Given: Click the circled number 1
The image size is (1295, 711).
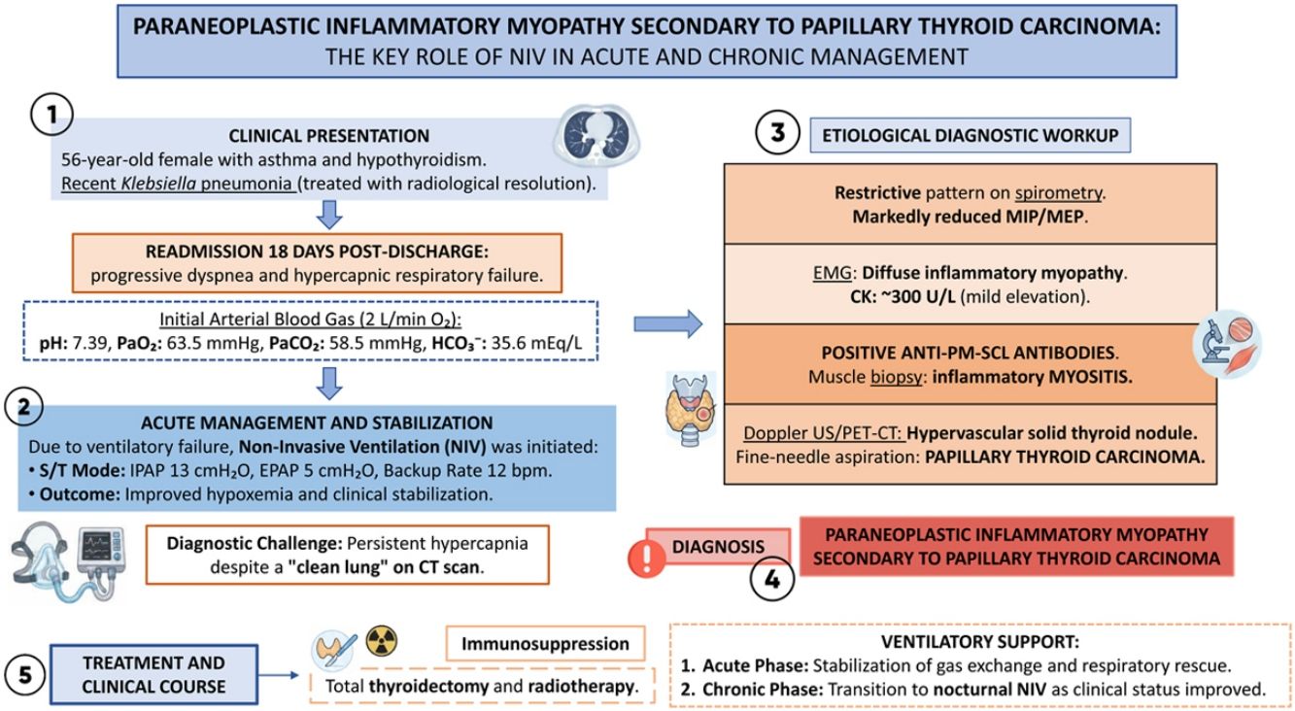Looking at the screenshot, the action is tap(52, 115).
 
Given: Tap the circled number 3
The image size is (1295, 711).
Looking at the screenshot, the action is tap(777, 132).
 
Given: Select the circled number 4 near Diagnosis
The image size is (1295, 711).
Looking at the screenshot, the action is tap(772, 579).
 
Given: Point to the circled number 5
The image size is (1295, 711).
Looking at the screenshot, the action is tap(25, 675).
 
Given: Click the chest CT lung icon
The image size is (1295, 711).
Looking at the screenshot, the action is tap(596, 136).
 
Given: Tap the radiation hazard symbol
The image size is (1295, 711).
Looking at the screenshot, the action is tap(382, 641).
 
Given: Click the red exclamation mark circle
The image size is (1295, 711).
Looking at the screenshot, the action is tap(646, 558).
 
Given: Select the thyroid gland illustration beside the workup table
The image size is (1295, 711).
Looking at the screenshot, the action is tap(691, 409).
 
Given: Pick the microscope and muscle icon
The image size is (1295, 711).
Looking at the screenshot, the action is tap(1227, 345).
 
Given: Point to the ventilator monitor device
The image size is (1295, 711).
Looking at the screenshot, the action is tap(99, 555).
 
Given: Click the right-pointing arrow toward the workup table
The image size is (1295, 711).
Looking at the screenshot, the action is tap(668, 323).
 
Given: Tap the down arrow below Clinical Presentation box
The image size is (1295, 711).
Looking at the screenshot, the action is tap(329, 215).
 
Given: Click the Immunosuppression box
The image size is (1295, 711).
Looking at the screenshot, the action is tap(545, 643).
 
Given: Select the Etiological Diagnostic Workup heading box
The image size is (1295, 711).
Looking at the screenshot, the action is tap(971, 135).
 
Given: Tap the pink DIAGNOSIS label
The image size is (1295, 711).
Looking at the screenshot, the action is tap(718, 546).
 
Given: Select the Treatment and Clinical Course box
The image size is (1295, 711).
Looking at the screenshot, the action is tap(153, 675).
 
